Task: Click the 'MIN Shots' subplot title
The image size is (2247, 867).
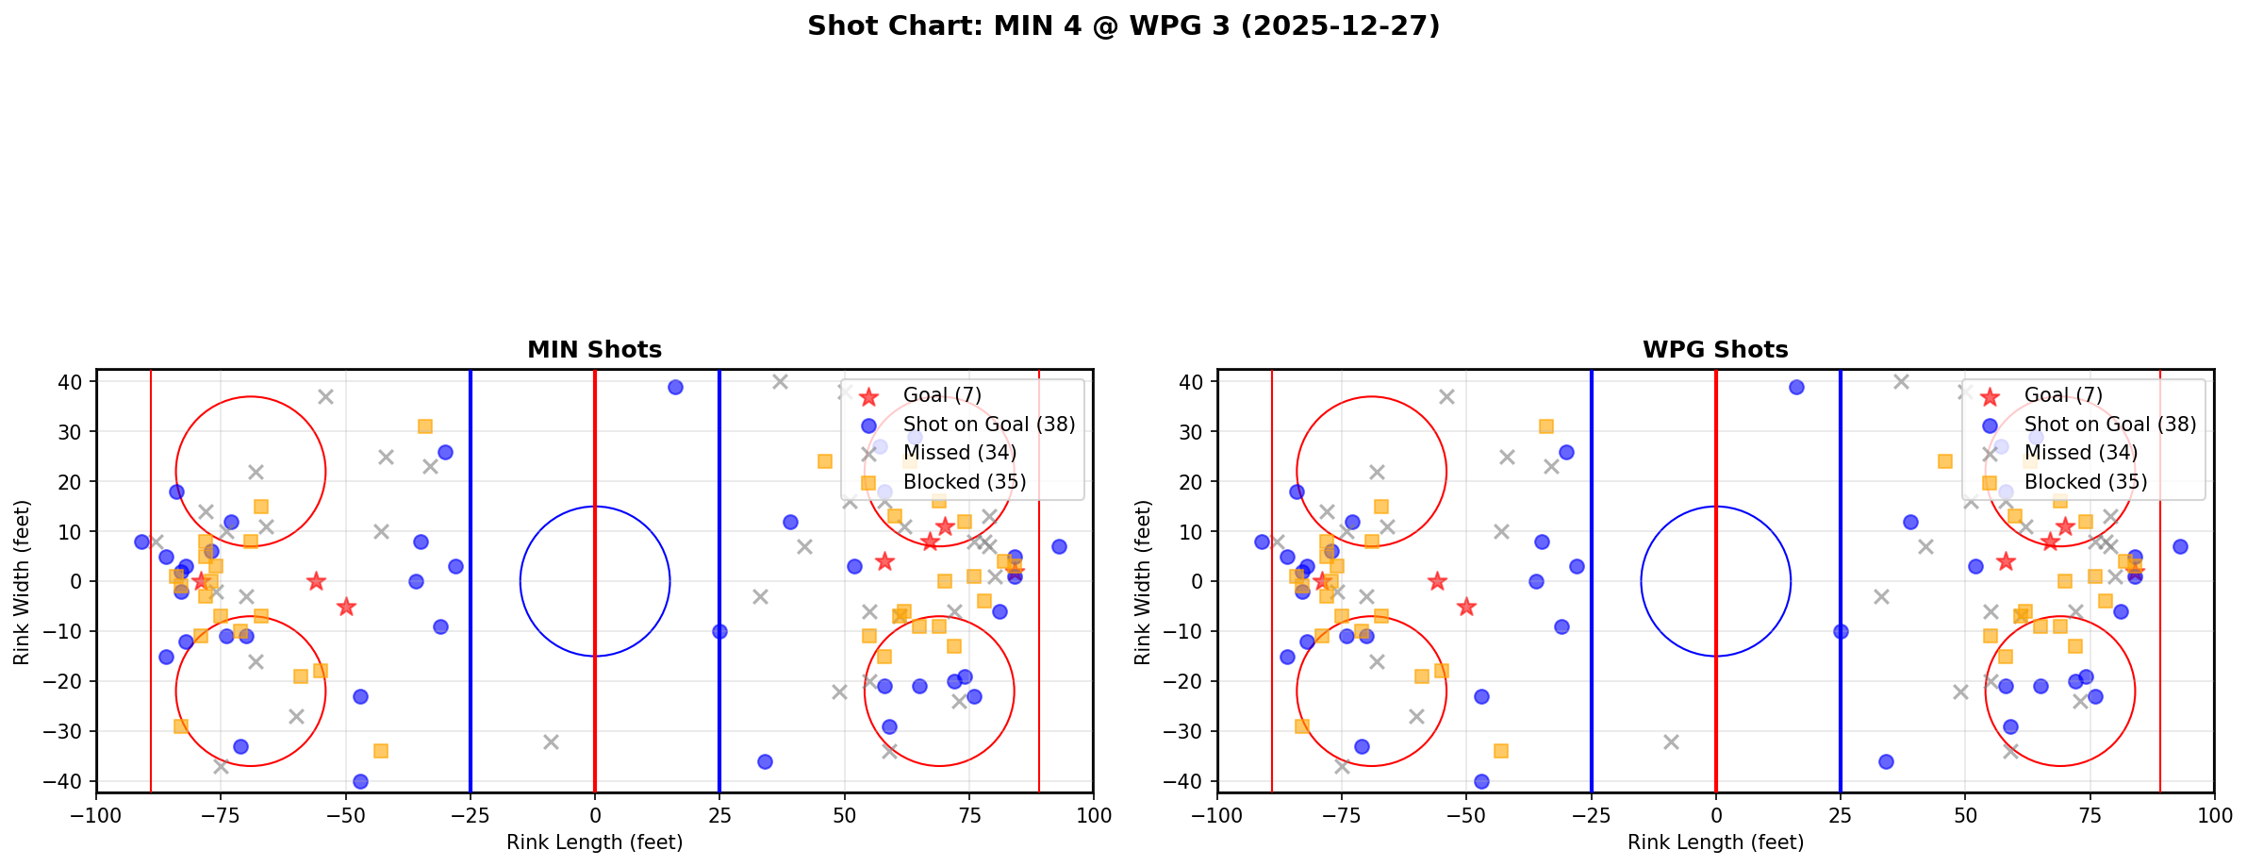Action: click(594, 350)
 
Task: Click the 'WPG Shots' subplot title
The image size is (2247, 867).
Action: click(1715, 350)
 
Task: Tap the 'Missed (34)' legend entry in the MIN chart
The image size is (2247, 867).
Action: click(959, 453)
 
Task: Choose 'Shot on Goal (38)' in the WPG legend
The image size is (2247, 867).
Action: click(2110, 425)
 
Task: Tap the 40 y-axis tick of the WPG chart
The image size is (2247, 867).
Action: click(1196, 382)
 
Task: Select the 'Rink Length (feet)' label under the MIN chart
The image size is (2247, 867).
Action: click(594, 842)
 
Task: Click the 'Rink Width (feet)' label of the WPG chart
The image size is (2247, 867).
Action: click(1143, 582)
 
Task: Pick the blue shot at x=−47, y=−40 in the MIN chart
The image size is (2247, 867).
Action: click(360, 781)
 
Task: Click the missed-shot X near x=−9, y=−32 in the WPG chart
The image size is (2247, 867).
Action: click(1671, 742)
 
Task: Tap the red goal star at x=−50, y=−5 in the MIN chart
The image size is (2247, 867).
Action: click(346, 607)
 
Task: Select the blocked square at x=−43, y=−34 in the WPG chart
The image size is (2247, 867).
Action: click(1501, 751)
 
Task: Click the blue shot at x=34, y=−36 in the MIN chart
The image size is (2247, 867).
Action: click(765, 761)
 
